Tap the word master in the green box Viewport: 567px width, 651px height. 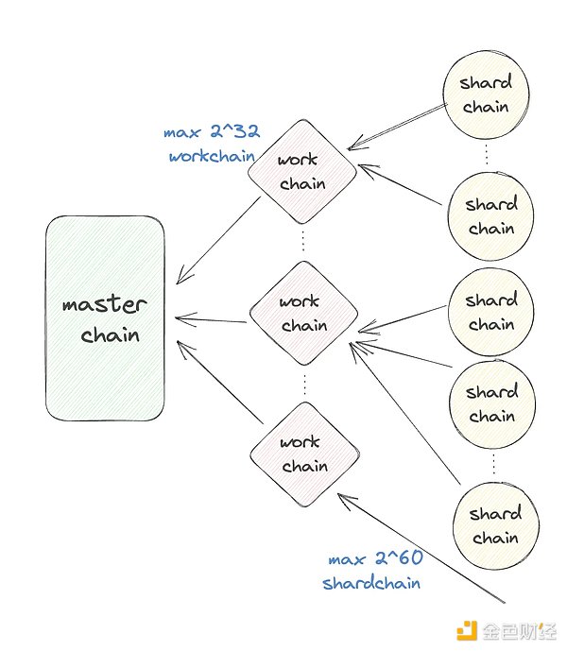(104, 305)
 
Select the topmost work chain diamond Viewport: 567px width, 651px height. (302, 172)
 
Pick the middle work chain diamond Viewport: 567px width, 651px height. (303, 314)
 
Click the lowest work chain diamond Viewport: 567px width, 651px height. (304, 454)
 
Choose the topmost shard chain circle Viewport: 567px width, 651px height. (485, 94)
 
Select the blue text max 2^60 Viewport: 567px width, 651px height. (375, 559)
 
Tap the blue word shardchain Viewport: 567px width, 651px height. (371, 583)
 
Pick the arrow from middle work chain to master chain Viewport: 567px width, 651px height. (211, 319)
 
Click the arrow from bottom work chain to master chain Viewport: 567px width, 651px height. (219, 383)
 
